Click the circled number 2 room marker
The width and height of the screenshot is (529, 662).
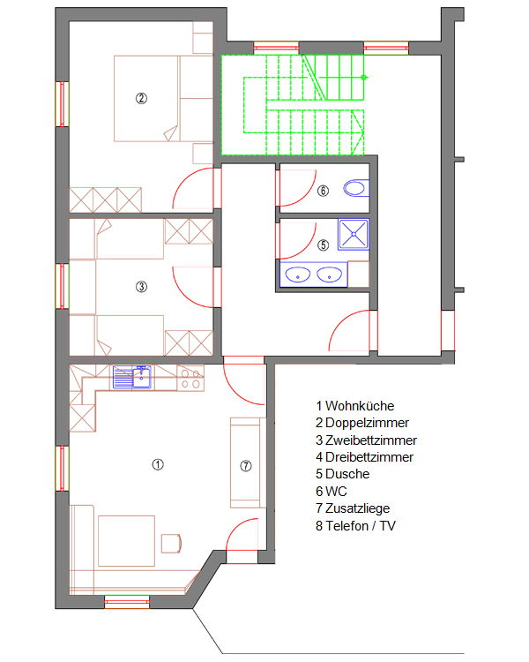[141, 98]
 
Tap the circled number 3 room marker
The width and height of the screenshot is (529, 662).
[141, 287]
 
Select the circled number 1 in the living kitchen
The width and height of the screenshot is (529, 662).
[158, 465]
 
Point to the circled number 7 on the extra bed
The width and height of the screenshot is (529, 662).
[246, 466]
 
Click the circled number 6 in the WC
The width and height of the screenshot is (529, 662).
[324, 191]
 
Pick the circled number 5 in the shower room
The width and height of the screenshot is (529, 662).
[324, 244]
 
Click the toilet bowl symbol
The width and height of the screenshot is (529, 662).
[356, 188]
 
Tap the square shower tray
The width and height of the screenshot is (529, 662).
[354, 234]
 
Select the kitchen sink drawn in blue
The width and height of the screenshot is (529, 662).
[132, 377]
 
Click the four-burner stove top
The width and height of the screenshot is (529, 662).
[190, 379]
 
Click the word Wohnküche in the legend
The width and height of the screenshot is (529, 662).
[360, 406]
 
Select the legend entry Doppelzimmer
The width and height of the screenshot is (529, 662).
[362, 423]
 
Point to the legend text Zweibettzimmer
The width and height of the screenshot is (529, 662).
[366, 440]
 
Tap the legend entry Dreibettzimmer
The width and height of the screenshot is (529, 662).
[364, 457]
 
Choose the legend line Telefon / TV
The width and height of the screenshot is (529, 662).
[355, 526]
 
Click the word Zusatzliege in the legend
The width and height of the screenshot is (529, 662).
[357, 508]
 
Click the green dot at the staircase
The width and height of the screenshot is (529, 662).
[364, 78]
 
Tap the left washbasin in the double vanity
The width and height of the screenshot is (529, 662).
[298, 275]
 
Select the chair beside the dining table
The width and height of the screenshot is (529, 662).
[171, 544]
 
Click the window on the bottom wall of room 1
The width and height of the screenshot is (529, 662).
[127, 602]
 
